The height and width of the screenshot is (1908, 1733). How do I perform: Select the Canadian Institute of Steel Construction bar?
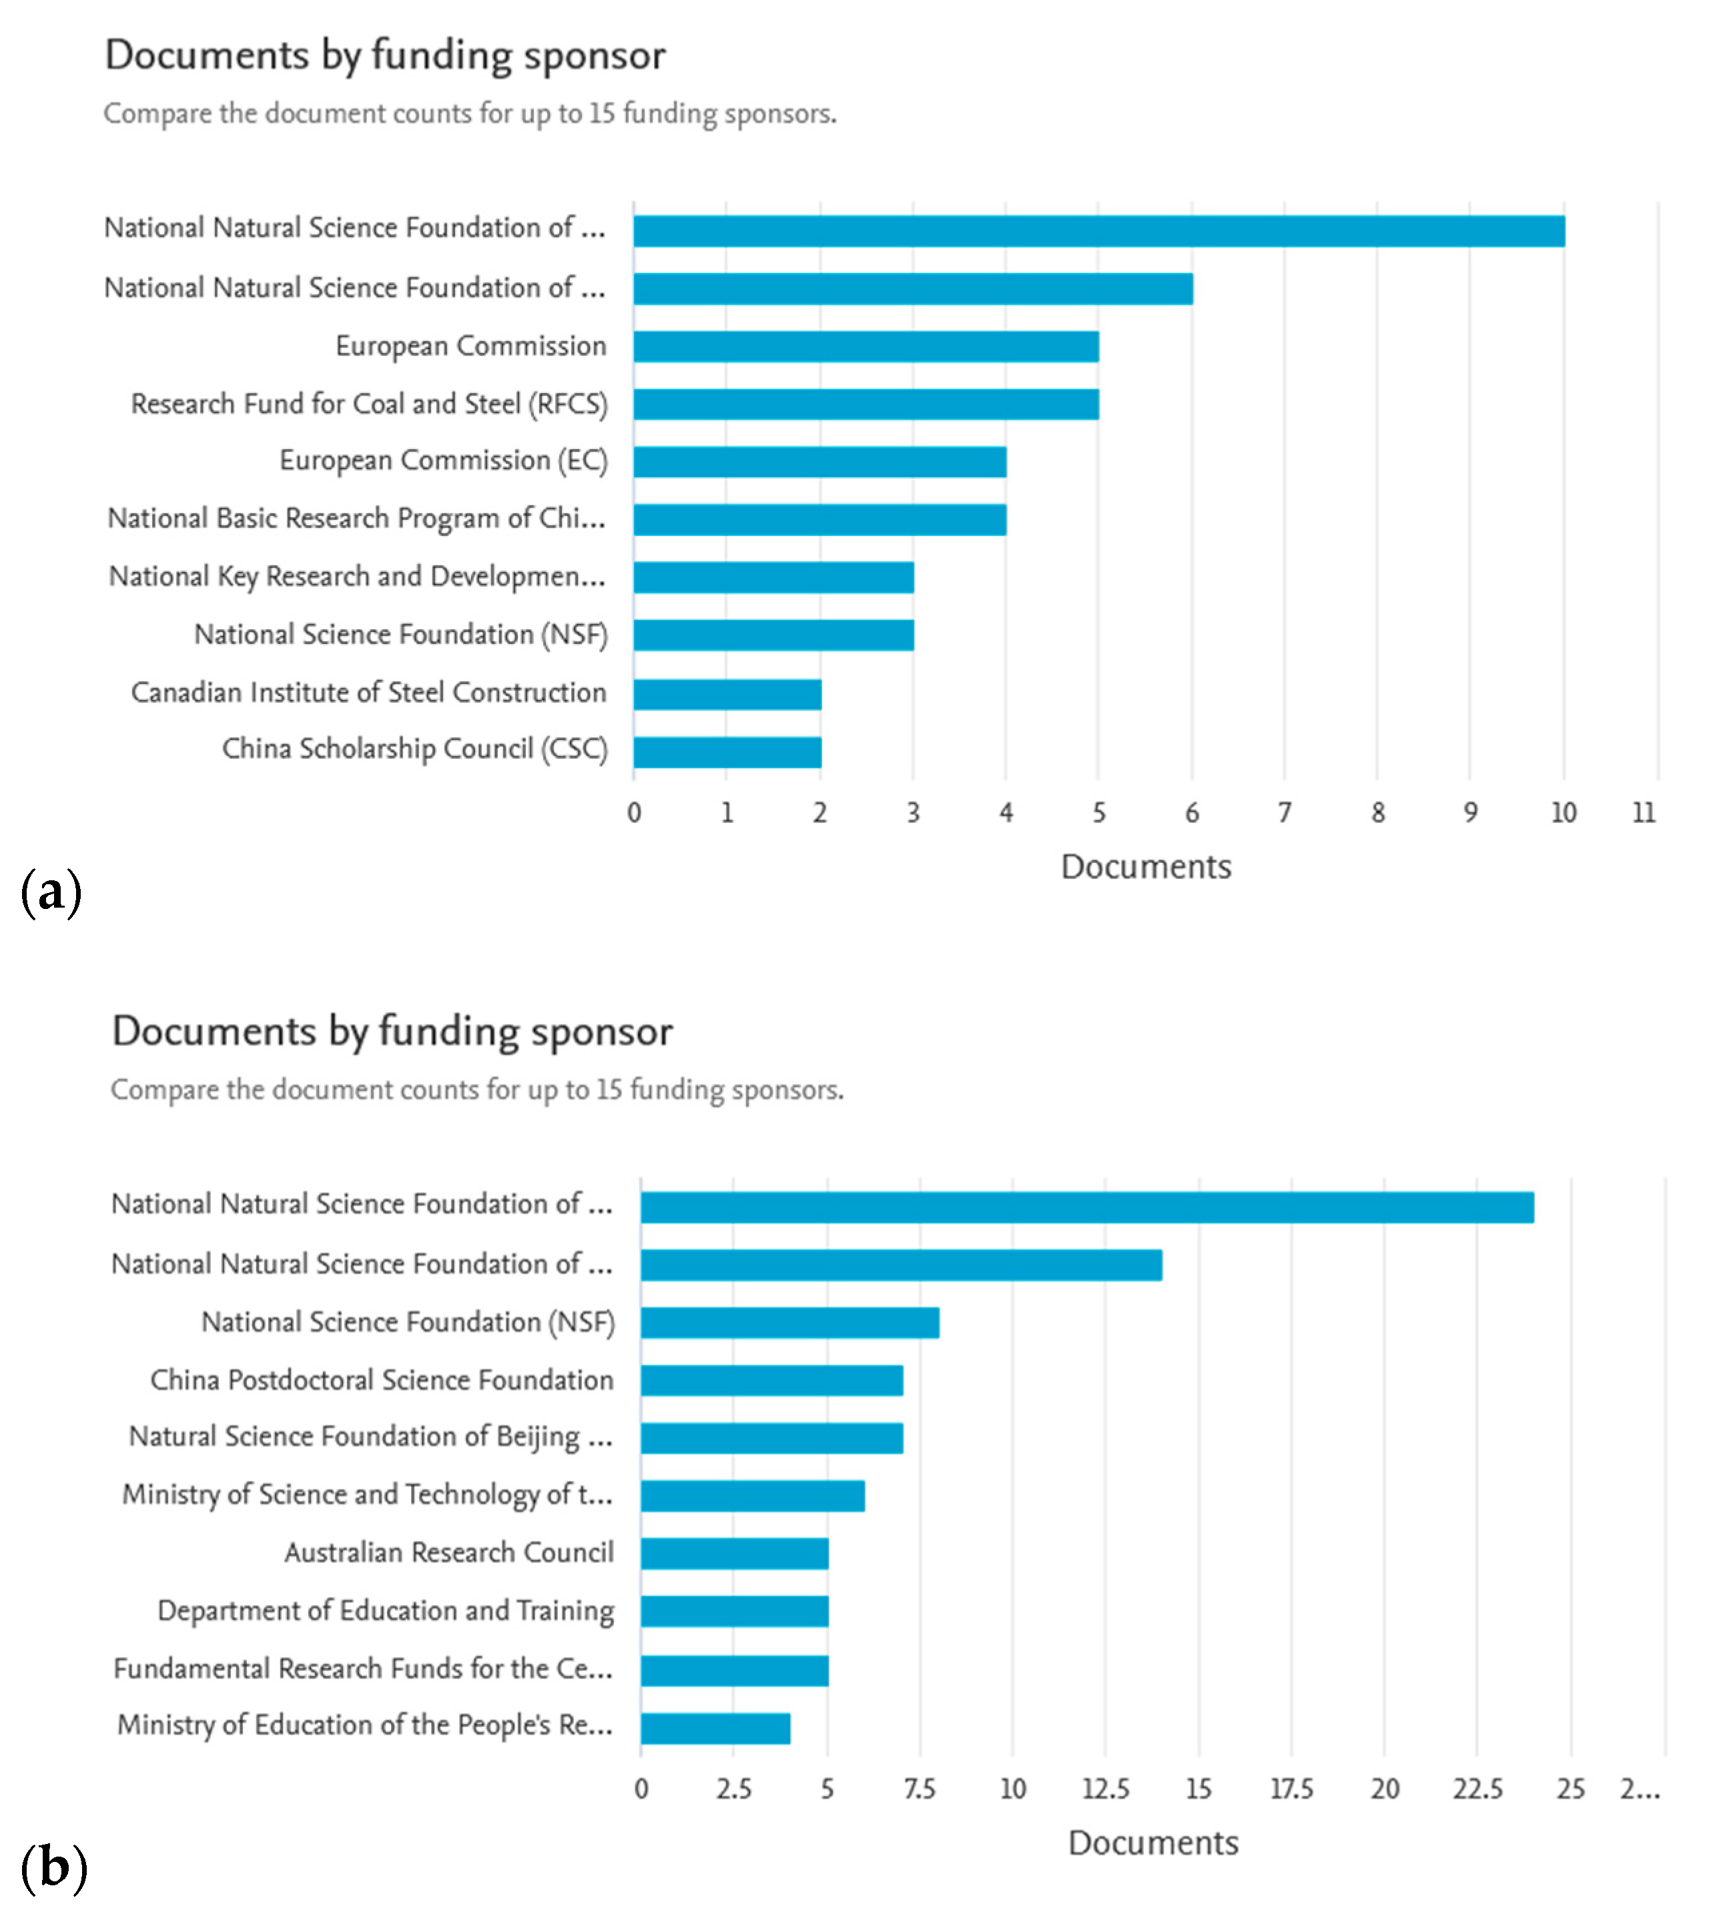tap(727, 694)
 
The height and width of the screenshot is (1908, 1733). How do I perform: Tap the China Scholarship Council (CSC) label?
tap(414, 749)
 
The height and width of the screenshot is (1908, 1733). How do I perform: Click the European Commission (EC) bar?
tap(819, 462)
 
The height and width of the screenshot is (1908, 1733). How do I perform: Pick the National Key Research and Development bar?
tap(773, 577)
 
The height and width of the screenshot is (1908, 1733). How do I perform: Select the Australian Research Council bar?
tap(735, 1553)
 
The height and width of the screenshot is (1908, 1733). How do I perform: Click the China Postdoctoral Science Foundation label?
tap(382, 1380)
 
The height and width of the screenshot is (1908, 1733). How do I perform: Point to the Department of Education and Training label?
tap(385, 1611)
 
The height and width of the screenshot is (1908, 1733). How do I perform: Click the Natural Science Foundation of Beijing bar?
tap(771, 1438)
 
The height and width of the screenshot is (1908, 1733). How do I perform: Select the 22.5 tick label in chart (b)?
tap(1477, 1789)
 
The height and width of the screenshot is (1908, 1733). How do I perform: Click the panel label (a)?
tap(51, 892)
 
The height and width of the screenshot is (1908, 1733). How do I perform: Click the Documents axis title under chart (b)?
tap(1153, 1843)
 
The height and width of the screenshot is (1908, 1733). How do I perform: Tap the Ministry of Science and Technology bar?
tap(753, 1496)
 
